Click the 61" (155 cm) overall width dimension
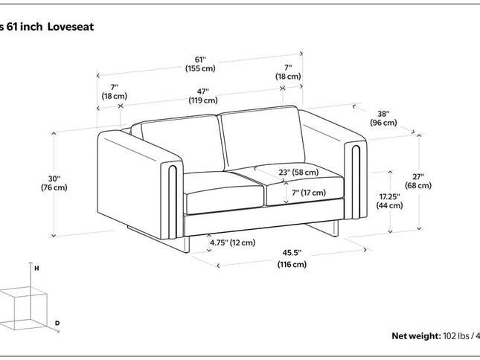tap(200, 64)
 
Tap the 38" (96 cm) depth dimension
tap(384, 118)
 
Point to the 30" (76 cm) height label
tap(54, 183)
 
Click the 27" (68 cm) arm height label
tap(420, 181)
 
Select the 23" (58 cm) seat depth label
tap(298, 173)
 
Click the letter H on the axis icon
tap(36, 266)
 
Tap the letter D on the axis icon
tap(57, 322)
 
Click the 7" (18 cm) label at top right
tap(288, 71)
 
